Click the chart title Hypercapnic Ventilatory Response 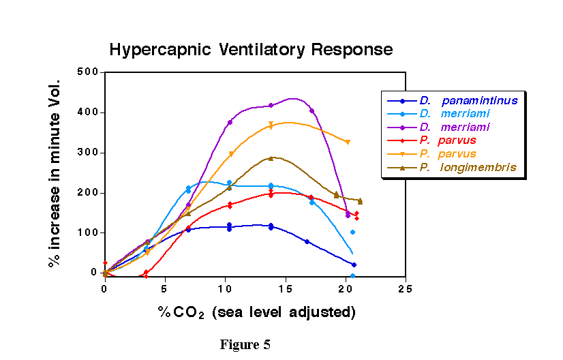251,50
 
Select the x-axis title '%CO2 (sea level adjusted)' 257,312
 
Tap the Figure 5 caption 245,344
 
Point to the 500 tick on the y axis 89,72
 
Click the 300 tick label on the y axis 89,153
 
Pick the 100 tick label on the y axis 89,233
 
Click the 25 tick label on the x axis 405,289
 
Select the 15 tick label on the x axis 284,289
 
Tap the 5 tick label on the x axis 164,289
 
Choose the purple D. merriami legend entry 454,127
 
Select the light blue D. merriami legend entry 454,114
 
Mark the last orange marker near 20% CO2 348,142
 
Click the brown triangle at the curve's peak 271,158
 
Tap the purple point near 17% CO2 311,110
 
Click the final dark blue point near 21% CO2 354,265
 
